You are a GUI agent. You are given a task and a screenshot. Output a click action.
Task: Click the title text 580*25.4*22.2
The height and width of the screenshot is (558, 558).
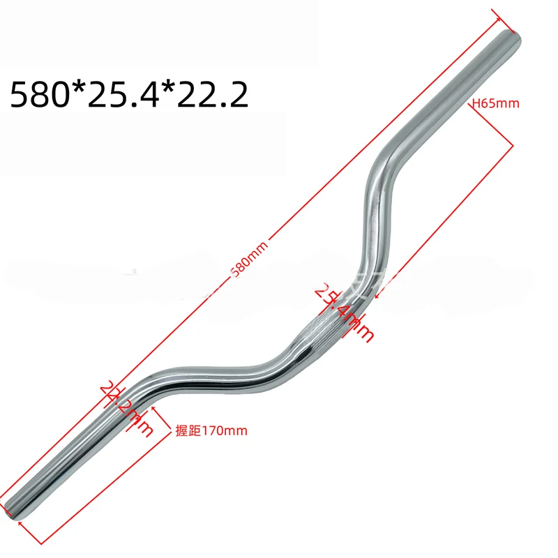pyautogui.click(x=129, y=93)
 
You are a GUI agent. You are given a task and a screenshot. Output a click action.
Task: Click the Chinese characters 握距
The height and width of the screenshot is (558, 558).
pyautogui.click(x=182, y=431)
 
